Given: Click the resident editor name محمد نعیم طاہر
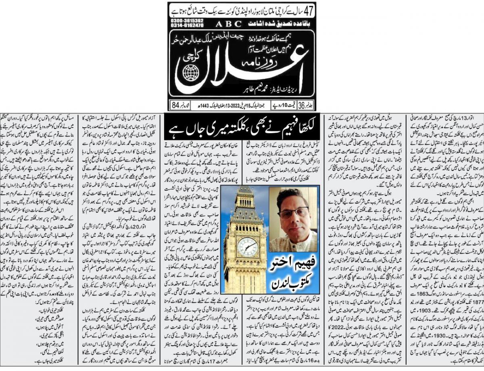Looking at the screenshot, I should pyautogui.click(x=250, y=92).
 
